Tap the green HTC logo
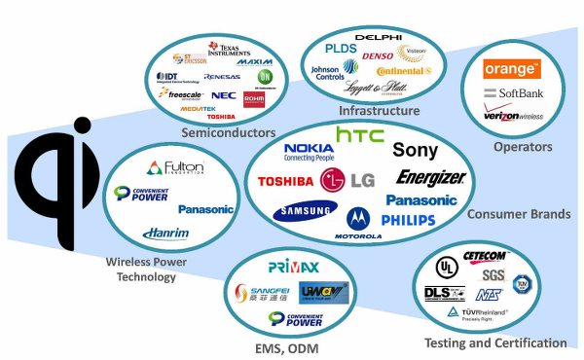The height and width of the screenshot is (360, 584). pos(359,134)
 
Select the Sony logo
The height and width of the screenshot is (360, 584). pos(415,150)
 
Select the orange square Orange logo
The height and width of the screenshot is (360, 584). pos(511,69)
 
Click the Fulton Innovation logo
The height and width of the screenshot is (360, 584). pos(177,167)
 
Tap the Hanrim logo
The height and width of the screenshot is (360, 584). pos(165,233)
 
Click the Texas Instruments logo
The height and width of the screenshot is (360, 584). pos(230,49)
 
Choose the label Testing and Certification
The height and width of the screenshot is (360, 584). pos(495,342)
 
